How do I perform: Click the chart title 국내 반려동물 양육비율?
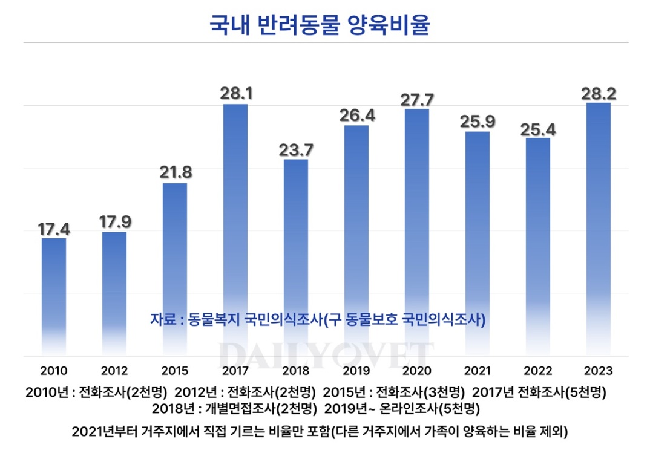click(x=319, y=25)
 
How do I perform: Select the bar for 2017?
click(x=235, y=230)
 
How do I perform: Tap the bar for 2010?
click(x=54, y=296)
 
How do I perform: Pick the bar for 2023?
click(x=598, y=230)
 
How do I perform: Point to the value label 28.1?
click(x=235, y=94)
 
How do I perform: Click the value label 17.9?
click(x=114, y=221)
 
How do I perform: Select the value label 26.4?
click(x=356, y=115)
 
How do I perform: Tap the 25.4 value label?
click(x=537, y=128)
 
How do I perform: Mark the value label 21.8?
click(x=175, y=172)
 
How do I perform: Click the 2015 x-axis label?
click(x=175, y=371)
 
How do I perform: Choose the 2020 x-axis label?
click(x=417, y=371)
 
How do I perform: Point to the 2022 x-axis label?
click(x=537, y=371)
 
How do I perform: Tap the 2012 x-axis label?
click(x=114, y=371)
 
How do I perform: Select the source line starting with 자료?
click(x=318, y=319)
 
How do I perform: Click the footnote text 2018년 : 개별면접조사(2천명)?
click(x=234, y=408)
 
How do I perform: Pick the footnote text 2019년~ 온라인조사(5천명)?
click(x=402, y=408)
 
